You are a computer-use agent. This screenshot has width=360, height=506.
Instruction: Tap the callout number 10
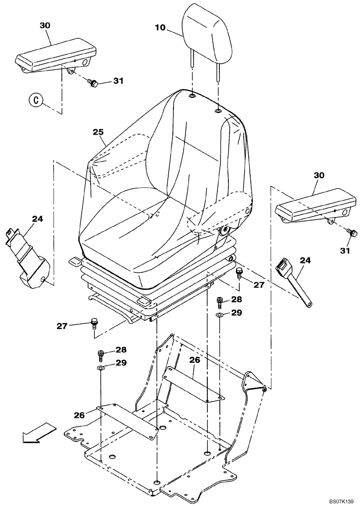[160, 28]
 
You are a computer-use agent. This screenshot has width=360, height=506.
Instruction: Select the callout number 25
[98, 132]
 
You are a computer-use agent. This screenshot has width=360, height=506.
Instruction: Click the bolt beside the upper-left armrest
[93, 82]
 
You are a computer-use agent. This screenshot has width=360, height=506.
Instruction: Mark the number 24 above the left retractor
[37, 219]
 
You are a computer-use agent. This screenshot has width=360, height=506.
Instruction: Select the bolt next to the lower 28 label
[101, 354]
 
